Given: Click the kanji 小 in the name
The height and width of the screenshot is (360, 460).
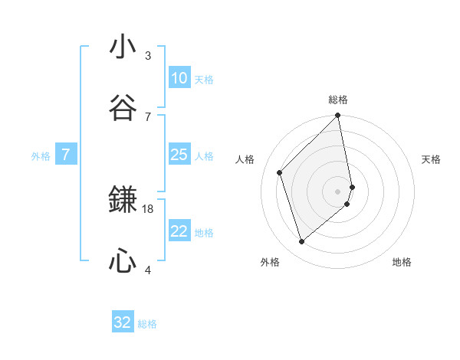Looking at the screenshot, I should [x=123, y=47].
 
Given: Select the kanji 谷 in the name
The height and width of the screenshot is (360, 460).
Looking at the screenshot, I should [x=123, y=109].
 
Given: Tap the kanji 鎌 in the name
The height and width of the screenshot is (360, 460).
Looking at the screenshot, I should [x=123, y=201].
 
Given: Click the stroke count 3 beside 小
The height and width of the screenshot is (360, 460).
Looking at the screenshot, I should [x=148, y=55].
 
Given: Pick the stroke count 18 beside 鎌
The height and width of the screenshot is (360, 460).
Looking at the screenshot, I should [x=148, y=208].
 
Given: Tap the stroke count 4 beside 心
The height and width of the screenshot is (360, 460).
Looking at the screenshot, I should [x=148, y=270].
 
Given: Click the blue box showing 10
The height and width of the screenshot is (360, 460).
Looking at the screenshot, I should [x=179, y=78].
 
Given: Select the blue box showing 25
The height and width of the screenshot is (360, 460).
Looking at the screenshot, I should [x=179, y=155].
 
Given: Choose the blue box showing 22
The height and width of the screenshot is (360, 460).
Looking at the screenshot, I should [x=179, y=231].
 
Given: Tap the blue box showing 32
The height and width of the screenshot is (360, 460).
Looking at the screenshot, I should [x=123, y=322].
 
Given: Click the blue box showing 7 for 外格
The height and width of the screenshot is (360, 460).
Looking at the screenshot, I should [x=66, y=155].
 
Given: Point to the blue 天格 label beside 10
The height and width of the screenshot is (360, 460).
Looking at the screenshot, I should [x=204, y=79].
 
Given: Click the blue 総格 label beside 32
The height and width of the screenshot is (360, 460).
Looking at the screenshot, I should [x=147, y=324].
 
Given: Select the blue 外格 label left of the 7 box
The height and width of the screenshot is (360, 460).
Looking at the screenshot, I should [x=41, y=156].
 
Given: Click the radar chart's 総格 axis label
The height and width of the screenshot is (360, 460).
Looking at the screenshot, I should [x=338, y=100].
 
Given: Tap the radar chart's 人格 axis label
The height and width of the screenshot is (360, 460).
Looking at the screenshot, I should [x=245, y=159].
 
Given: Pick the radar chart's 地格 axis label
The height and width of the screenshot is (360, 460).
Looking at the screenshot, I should [x=402, y=263].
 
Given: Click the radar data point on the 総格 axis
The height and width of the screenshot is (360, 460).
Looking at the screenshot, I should [x=338, y=116].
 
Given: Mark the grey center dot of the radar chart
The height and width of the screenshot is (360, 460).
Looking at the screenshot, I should [x=338, y=191].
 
